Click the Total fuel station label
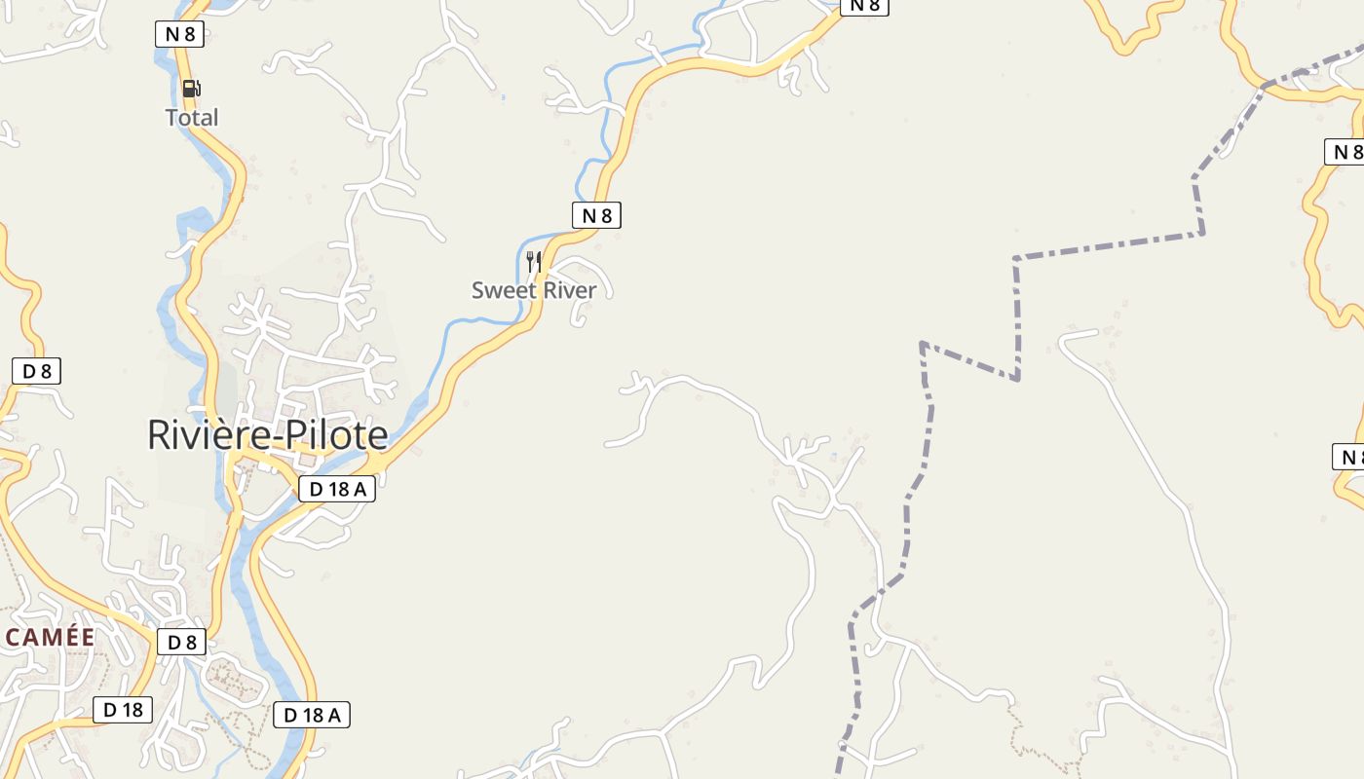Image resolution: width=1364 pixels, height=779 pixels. (x=192, y=118)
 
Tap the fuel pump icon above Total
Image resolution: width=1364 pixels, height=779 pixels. (x=192, y=89)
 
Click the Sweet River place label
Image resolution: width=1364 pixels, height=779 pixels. (x=534, y=290)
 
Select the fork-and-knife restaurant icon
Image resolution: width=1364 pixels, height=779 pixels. (x=533, y=261)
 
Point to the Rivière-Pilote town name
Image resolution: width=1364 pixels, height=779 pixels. (x=267, y=434)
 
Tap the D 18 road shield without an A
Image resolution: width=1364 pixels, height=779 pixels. (x=123, y=710)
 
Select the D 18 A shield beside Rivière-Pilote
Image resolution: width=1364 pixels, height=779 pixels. (x=337, y=489)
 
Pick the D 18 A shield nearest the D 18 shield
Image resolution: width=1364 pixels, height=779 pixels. (x=312, y=715)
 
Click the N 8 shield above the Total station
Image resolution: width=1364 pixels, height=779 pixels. (x=180, y=34)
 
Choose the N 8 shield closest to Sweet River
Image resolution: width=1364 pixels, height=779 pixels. (x=596, y=215)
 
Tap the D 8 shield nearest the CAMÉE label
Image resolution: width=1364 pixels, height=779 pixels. (x=181, y=642)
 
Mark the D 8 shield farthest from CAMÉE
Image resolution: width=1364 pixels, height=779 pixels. (x=37, y=371)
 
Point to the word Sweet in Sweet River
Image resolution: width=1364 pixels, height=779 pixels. (x=502, y=290)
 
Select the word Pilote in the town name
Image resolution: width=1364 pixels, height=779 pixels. (x=334, y=434)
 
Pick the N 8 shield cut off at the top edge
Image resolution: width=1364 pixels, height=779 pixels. (x=864, y=6)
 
